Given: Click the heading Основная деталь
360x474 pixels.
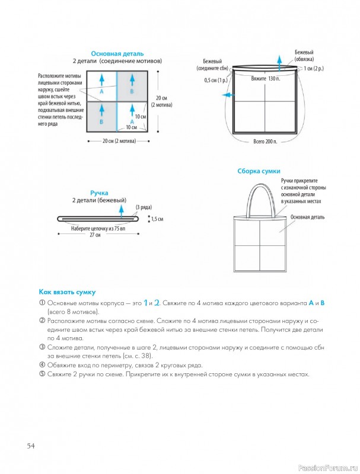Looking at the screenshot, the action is [x=117, y=54].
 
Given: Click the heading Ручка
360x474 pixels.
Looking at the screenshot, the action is [x=99, y=193].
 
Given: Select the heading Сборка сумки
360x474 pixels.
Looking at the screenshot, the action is [x=259, y=171].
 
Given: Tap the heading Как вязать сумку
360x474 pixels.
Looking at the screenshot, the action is [x=67, y=292].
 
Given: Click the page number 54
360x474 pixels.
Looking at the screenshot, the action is [x=31, y=446].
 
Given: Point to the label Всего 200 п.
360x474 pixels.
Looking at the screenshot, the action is [x=265, y=142].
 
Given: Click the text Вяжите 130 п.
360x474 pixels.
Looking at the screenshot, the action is [x=265, y=79].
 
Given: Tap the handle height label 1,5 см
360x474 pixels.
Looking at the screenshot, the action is [x=157, y=219].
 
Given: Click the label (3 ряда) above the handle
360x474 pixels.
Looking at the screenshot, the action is [x=144, y=207].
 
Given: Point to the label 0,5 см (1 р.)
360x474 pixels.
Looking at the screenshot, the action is [x=216, y=81].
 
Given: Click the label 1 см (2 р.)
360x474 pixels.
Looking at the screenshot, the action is [x=314, y=68].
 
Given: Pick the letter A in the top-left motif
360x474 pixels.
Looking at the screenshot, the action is [x=101, y=91].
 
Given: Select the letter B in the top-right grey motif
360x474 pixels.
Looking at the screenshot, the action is [x=132, y=91].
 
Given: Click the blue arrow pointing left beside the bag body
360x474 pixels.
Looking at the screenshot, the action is [x=228, y=95].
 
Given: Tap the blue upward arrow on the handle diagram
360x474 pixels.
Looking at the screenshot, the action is [x=122, y=211].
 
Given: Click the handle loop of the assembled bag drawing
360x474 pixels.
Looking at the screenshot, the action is [x=248, y=200].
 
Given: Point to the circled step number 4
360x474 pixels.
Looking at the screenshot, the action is [x=42, y=365].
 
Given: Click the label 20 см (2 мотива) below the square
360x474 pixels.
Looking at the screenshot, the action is [x=119, y=141].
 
